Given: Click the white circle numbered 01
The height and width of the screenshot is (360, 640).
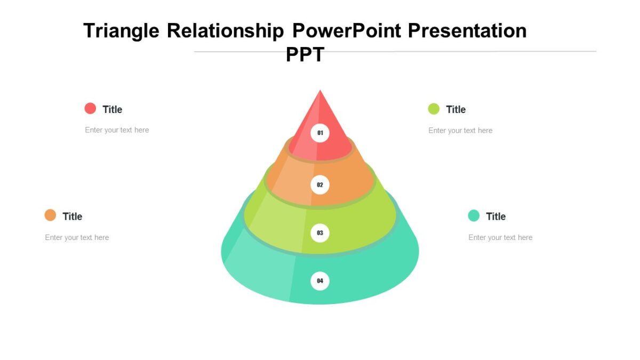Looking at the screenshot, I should coord(320,133).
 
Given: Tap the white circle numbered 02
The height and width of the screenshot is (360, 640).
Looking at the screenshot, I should coord(320,185).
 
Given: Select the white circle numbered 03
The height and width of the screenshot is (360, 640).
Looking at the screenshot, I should coord(320,233).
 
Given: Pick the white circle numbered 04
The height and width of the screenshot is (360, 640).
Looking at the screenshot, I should coord(320,281).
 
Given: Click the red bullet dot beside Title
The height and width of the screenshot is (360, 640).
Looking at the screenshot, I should coord(90,108).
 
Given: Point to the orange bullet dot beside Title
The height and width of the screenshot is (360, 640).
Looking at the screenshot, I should coord(50,215).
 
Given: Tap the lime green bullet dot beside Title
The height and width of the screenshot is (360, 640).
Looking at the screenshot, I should coord(434,109).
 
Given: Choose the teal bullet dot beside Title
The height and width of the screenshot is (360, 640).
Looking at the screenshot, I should coord(474,215).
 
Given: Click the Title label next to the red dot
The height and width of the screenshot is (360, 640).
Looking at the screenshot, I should coord(113,109).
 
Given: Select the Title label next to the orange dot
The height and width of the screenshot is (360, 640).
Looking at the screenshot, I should coord(73,217).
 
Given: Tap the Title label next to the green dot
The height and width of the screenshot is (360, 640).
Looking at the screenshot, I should coord(456,109).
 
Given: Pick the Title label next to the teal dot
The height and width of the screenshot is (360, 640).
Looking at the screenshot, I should coord(496,217).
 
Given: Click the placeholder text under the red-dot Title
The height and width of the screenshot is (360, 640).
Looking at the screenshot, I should coord(117,130).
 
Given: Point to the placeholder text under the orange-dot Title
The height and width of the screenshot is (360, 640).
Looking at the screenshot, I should coord(77,237).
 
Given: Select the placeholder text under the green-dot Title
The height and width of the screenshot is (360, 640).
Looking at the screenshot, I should coord(460,131).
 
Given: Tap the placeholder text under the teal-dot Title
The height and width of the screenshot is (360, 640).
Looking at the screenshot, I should coord(500,237).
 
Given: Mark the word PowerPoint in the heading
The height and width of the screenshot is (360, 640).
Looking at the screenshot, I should coord(347,31).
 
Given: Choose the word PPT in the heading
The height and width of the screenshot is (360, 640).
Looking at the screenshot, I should coord(305,54).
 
